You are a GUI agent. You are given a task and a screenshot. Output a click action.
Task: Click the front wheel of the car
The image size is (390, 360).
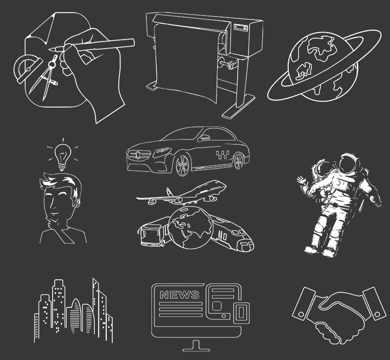click(182, 165)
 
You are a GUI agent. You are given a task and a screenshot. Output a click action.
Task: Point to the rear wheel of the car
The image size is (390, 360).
click(239, 161)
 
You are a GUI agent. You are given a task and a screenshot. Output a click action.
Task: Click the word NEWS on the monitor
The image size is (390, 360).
click(179, 294)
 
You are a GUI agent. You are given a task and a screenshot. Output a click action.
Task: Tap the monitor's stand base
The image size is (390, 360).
click(196, 349)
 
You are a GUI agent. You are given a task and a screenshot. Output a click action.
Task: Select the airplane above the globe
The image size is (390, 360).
click(181, 194)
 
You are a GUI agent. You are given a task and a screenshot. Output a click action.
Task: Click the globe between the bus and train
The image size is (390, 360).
click(190, 228)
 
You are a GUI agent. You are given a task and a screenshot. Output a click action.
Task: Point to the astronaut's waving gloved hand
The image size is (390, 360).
click(301, 181)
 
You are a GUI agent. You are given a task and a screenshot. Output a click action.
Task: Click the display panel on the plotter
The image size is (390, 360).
click(241, 28)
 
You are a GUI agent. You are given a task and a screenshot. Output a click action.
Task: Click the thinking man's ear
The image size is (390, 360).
click(78, 203)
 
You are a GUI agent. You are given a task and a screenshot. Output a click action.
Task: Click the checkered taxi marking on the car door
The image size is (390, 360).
click(222, 155)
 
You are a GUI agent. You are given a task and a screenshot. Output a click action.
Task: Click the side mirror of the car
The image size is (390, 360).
click(205, 137)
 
